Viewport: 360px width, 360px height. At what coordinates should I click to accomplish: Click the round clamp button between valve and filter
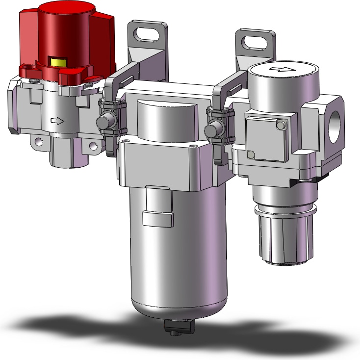point(105,121)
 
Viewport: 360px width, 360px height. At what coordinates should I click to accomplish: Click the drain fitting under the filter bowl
point(178,326)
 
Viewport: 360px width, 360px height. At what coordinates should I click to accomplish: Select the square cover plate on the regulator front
point(266,138)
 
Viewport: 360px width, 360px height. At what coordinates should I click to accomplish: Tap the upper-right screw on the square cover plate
point(281,126)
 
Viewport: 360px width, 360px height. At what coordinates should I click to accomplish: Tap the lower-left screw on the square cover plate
point(251,155)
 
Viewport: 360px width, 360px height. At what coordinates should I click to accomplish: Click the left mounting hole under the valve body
point(36,143)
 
